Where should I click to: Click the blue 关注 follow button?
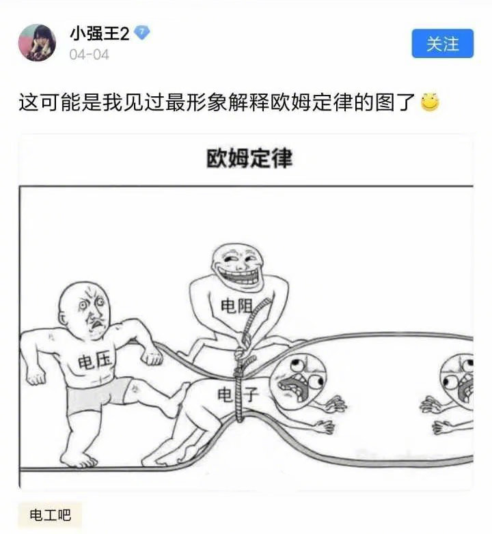442,44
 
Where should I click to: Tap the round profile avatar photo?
37,42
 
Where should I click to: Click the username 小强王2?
100,34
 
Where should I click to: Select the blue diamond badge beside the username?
141,33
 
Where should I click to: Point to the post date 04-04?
90,55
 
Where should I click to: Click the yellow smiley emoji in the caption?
430,102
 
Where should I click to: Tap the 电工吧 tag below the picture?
50,515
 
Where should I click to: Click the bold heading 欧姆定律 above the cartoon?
249,158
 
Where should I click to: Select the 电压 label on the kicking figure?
94,361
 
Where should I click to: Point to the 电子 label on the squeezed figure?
238,395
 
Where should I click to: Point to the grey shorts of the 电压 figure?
99,395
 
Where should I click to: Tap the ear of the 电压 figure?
63,320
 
